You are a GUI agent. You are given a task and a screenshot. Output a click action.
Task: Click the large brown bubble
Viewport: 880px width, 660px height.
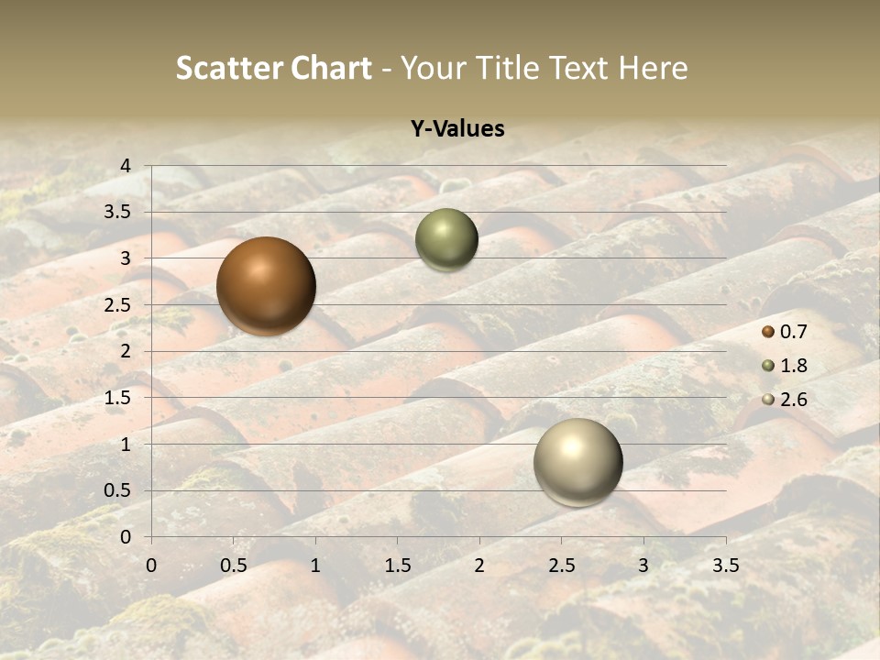pos(266,286)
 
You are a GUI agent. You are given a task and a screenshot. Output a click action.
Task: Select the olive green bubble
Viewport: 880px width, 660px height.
pos(446,239)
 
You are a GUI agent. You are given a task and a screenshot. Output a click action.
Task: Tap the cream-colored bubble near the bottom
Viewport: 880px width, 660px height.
pos(577,462)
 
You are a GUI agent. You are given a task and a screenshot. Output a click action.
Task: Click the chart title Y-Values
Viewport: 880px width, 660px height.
pos(456,129)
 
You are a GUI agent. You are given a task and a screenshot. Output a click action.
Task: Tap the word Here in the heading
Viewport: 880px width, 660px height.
pos(653,68)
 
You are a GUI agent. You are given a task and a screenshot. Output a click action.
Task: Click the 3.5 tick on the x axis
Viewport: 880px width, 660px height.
pos(725,566)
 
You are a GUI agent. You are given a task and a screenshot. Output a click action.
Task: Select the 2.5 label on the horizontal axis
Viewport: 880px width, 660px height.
pos(561,566)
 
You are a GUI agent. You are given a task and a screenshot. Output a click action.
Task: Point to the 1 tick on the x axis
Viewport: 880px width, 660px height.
pos(315,566)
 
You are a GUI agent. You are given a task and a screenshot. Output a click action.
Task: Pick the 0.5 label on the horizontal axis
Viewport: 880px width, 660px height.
pos(233,566)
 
